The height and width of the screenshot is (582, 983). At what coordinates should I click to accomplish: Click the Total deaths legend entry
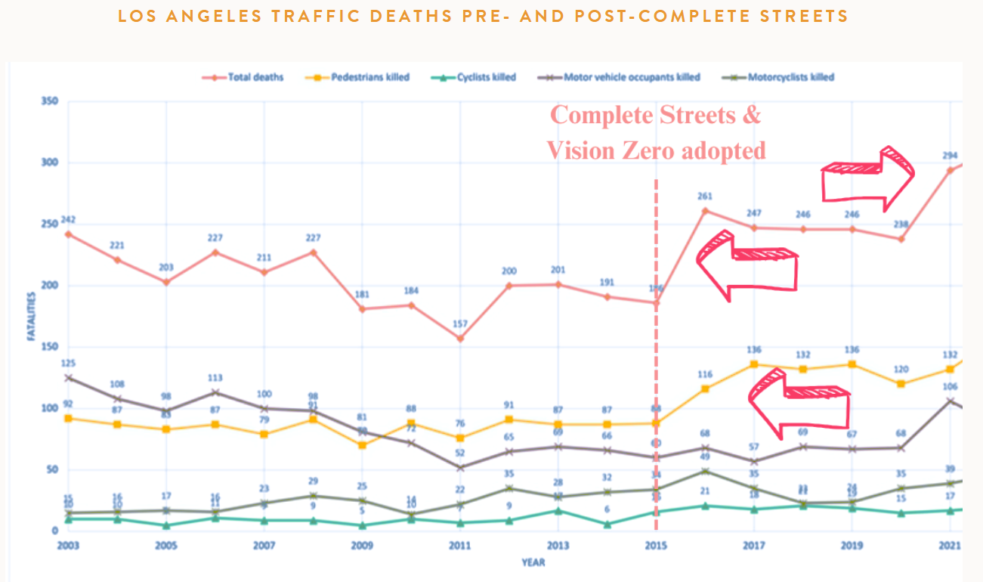coord(255,77)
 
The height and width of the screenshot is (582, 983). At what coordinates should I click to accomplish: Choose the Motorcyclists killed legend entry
coord(790,77)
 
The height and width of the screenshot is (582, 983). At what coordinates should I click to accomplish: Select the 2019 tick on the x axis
coord(852,545)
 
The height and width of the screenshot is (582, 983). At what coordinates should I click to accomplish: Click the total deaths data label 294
coord(950,156)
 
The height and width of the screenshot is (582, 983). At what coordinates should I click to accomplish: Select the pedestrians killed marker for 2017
coord(753,364)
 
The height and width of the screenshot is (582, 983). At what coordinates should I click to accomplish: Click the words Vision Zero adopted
coord(656,150)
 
